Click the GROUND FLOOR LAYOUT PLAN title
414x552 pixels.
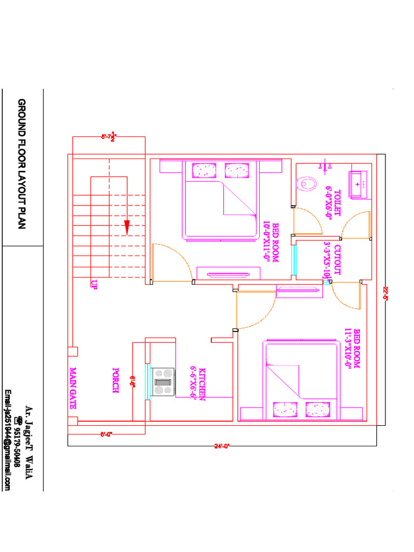[x=22, y=164]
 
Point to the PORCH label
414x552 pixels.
[x=115, y=380]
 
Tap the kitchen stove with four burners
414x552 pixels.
[x=163, y=382]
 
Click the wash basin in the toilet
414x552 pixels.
[x=358, y=184]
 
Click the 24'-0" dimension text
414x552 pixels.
[x=222, y=446]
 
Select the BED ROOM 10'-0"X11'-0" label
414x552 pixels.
[x=271, y=243]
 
